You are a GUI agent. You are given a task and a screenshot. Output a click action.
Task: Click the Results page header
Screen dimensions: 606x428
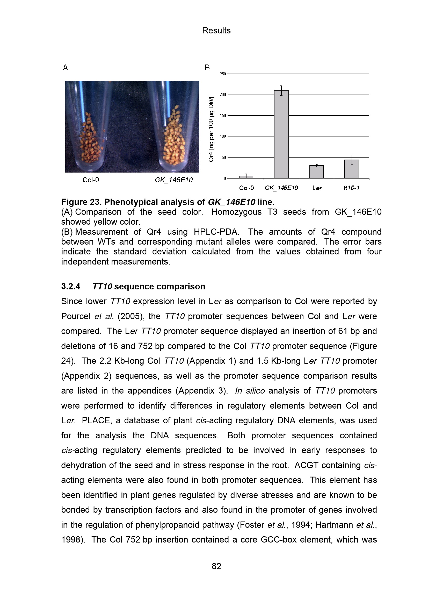(216, 31)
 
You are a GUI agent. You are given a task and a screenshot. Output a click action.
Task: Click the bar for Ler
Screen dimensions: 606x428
(316, 172)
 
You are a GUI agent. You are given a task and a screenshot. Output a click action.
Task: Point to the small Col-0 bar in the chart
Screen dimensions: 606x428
(246, 177)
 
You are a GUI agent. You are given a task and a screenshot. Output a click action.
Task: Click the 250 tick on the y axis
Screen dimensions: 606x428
(223, 74)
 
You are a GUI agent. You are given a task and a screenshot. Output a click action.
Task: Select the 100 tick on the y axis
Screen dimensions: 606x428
(223, 137)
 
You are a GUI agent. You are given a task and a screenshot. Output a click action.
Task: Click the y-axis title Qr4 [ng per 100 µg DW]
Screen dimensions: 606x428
(211, 129)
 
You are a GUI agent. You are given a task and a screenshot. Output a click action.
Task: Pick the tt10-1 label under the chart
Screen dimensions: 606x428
(352, 188)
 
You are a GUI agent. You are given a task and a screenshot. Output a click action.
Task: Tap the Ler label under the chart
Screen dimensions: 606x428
(317, 188)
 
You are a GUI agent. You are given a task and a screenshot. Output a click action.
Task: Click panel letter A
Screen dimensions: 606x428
(66, 68)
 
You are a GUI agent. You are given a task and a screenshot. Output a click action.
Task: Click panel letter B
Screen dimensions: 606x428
(207, 68)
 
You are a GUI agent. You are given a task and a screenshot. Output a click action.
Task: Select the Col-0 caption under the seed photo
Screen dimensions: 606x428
(91, 180)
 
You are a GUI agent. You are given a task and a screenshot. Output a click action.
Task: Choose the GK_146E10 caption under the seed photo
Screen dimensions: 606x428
(174, 180)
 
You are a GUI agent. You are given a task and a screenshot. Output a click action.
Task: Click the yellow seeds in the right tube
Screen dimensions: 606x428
(173, 140)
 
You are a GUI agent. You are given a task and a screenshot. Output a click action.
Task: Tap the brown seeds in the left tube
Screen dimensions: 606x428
(90, 142)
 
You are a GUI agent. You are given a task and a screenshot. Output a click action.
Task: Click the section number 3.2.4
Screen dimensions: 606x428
(71, 287)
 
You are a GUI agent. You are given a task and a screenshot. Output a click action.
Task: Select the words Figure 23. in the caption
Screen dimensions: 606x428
(81, 202)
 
